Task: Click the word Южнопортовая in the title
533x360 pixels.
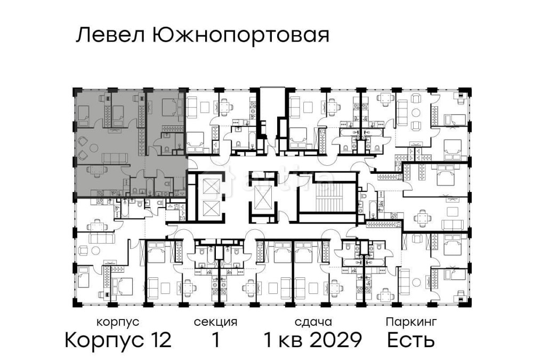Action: click(240, 36)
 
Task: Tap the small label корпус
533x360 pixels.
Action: click(118, 322)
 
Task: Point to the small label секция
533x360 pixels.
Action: click(215, 322)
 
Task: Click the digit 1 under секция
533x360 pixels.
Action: click(215, 339)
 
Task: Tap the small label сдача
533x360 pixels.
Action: click(313, 322)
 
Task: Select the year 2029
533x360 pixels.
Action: click(336, 339)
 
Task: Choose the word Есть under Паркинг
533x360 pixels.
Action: click(411, 339)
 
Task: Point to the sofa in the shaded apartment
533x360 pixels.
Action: click(114, 158)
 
